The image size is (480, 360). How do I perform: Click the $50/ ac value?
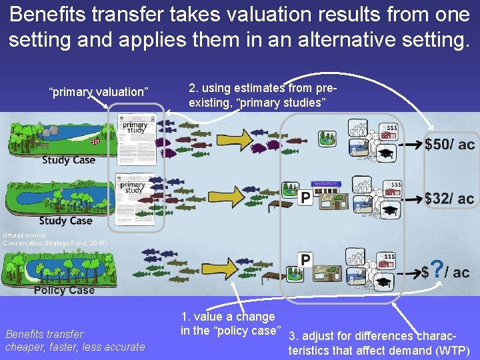[449, 145]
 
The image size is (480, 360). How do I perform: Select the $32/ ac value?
[449, 199]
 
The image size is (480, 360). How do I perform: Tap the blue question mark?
[437, 269]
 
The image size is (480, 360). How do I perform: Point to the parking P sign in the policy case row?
[306, 260]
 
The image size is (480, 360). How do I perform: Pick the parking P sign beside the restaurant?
[305, 197]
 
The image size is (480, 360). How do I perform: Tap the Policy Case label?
[64, 290]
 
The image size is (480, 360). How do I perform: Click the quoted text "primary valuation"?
[99, 92]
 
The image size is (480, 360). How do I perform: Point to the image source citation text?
[53, 239]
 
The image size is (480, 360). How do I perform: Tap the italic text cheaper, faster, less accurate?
[75, 347]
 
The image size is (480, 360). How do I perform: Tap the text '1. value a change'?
[227, 317]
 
